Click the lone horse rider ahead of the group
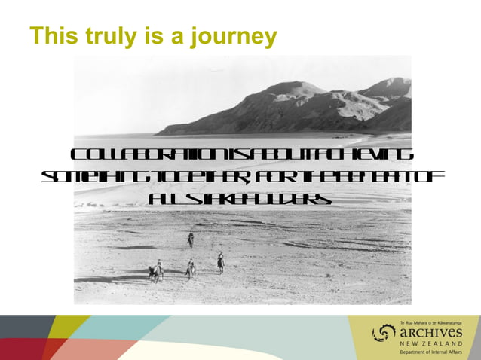point(191,239)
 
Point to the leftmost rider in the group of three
point(158,270)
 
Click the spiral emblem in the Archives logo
point(384,332)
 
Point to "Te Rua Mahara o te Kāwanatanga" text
point(430,322)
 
